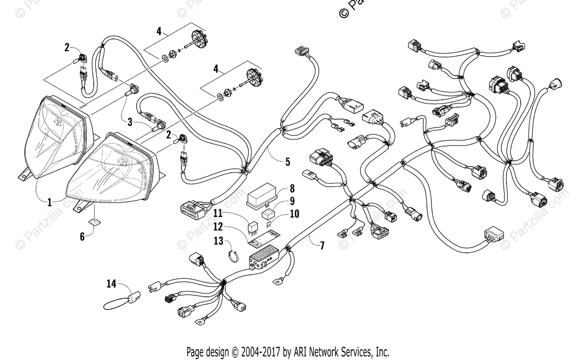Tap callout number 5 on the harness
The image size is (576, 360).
coord(288,162)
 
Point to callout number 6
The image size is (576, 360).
coord(82,236)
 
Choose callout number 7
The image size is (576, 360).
coord(322,245)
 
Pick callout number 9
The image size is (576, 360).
coord(291,201)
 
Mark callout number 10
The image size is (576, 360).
coord(293,214)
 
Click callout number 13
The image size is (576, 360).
coord(218,240)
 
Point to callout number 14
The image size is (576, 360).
coord(111,284)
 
